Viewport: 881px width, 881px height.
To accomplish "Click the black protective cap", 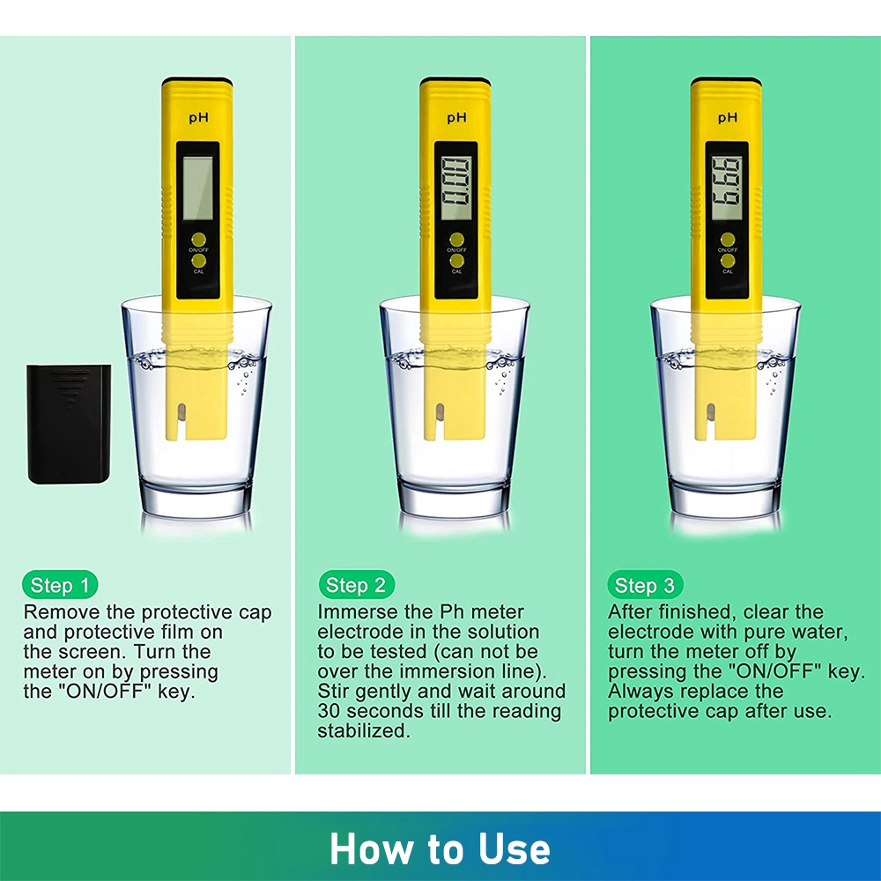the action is pos(69,424).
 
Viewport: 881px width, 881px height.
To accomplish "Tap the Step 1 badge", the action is pos(60,585).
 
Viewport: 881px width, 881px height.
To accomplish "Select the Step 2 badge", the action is pos(356,585).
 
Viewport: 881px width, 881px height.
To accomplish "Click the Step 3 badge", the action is pos(645,585).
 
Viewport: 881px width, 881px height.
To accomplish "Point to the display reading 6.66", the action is pos(727,188).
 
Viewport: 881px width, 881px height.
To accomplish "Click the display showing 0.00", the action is pos(455,188).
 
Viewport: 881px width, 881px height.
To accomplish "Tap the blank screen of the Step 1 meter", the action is pos(197,188).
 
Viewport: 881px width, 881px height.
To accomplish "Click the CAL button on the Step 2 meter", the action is pos(456,261).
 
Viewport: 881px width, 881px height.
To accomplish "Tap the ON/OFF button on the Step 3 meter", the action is pos(728,240).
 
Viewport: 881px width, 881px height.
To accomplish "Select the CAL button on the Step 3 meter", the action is pos(728,261).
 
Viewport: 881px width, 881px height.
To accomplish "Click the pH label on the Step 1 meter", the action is pos(198,117).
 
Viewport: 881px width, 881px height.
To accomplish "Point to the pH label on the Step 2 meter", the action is pos(456,117).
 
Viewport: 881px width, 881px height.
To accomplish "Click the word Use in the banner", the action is pos(515,848).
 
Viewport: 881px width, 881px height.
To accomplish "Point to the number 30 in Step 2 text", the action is pos(329,711).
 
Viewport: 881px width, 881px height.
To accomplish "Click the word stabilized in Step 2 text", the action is pos(364,731).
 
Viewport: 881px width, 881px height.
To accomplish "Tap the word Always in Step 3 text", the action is pos(640,692).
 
